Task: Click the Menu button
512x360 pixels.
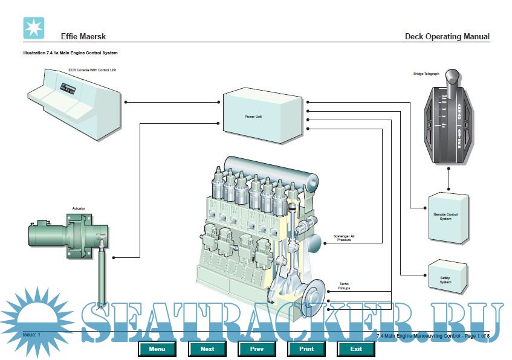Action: pyautogui.click(x=157, y=349)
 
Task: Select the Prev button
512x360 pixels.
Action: pyautogui.click(x=258, y=349)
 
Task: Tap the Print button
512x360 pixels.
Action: pyautogui.click(x=306, y=349)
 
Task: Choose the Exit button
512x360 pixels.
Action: pyautogui.click(x=356, y=349)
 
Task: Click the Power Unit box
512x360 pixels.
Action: pyautogui.click(x=262, y=115)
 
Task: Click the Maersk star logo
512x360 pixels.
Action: pyautogui.click(x=34, y=28)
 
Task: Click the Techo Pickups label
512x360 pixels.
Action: pyautogui.click(x=343, y=286)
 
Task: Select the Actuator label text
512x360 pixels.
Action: pyautogui.click(x=79, y=208)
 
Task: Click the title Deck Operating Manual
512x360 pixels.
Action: pyautogui.click(x=447, y=37)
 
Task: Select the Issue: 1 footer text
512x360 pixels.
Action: pyautogui.click(x=31, y=335)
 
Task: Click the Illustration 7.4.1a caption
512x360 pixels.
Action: pyautogui.click(x=70, y=53)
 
